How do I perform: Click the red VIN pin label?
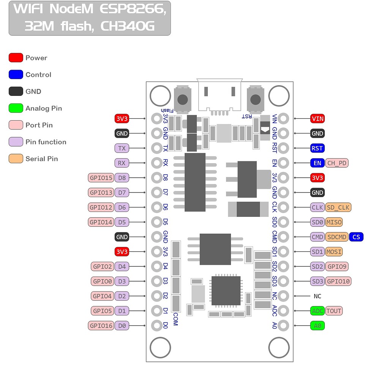click(317, 119)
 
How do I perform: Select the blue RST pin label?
click(317, 148)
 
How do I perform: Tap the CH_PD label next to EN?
click(337, 163)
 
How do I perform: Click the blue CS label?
click(356, 237)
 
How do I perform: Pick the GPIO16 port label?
click(101, 326)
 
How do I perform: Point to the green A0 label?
click(317, 326)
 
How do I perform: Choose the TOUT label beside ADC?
click(334, 311)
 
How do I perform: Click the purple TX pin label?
click(122, 148)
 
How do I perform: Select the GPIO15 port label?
click(101, 178)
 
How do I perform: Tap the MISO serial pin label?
click(334, 222)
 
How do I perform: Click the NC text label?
click(317, 296)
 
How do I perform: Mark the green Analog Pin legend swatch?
click(16, 108)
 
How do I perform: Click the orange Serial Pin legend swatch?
click(16, 159)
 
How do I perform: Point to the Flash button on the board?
click(183, 99)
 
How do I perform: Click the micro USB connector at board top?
click(220, 95)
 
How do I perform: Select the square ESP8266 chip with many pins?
click(226, 291)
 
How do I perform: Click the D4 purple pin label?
click(122, 266)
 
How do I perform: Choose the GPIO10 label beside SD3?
click(338, 281)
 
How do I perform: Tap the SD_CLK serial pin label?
click(338, 207)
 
